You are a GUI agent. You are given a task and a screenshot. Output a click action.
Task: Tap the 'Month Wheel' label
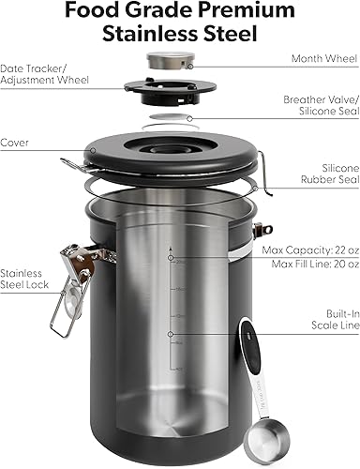pos(319,58)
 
